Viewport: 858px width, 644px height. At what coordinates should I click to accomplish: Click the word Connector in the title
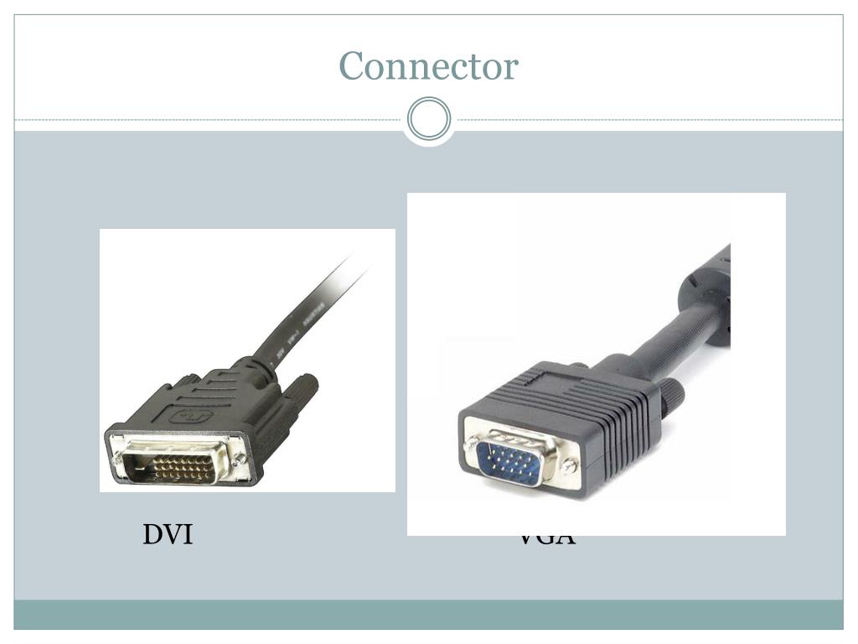coord(428,66)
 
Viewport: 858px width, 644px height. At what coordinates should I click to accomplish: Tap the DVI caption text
coord(168,534)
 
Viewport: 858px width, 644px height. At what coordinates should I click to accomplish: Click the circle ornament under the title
coord(429,119)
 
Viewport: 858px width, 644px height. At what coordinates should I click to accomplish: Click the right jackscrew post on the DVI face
coord(240,460)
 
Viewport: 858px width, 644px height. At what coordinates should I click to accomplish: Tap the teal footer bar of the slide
coord(429,614)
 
